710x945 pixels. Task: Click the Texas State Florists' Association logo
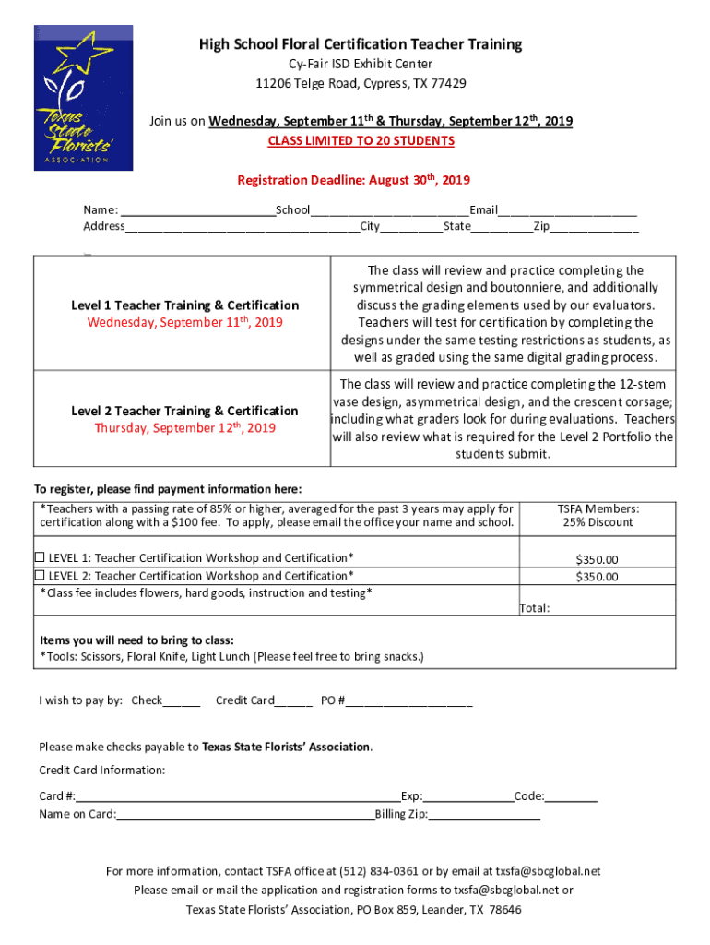click(84, 99)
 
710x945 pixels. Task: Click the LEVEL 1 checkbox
click(40, 557)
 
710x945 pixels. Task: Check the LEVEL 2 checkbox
click(40, 575)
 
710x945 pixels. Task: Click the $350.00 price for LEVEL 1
click(597, 559)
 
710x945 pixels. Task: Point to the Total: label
click(535, 608)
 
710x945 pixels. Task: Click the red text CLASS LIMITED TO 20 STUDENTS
click(361, 141)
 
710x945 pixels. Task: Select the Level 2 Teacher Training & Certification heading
click(184, 411)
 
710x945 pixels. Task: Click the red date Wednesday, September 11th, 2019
click(184, 323)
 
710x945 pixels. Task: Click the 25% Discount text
click(598, 522)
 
